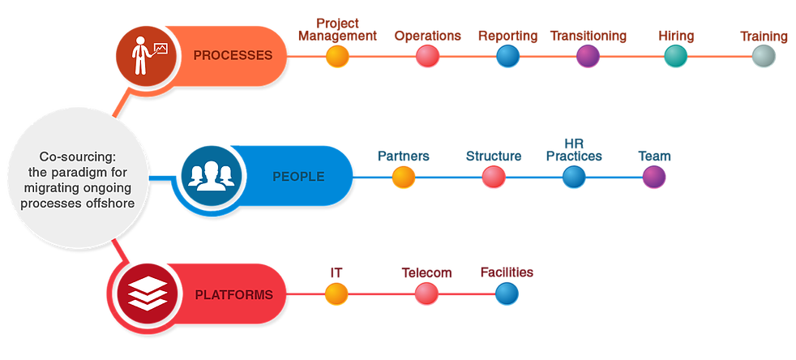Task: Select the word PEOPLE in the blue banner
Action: pyautogui.click(x=297, y=177)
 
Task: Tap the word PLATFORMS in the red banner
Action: pyautogui.click(x=233, y=294)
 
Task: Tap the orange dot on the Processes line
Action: pyautogui.click(x=337, y=56)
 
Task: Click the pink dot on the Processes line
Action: pyautogui.click(x=427, y=56)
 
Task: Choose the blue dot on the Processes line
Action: pyautogui.click(x=507, y=56)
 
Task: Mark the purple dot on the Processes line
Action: pyautogui.click(x=588, y=56)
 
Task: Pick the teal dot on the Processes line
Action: pyautogui.click(x=675, y=56)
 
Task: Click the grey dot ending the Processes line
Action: pyautogui.click(x=763, y=56)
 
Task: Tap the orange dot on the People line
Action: pyautogui.click(x=403, y=177)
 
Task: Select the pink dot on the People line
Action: pyautogui.click(x=493, y=177)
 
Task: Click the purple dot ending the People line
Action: pyautogui.click(x=654, y=177)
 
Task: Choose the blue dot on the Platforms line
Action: pyautogui.click(x=507, y=294)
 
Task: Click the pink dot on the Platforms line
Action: pyautogui.click(x=426, y=294)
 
